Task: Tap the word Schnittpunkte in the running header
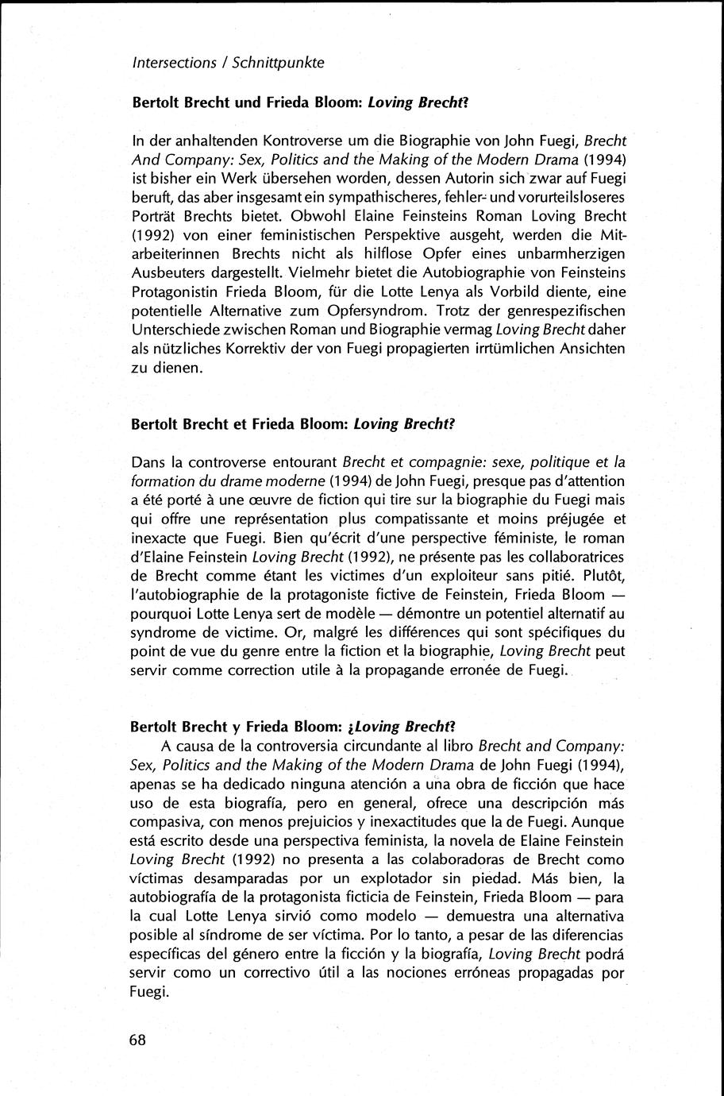point(285,62)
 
